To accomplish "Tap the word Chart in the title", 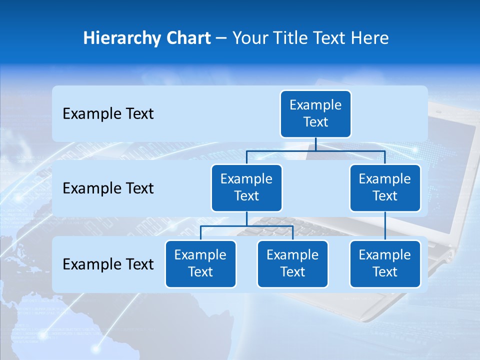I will click(x=188, y=38).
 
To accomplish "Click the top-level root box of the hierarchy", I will click(x=315, y=113).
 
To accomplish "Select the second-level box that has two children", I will click(x=246, y=187).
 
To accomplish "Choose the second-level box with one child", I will click(x=385, y=187).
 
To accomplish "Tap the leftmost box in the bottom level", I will click(x=200, y=263).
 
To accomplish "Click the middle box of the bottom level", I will click(x=292, y=263).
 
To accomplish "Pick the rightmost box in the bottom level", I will click(x=385, y=263).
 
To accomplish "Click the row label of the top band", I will click(x=108, y=114).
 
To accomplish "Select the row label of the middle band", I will click(x=108, y=188).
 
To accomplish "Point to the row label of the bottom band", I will click(x=108, y=264).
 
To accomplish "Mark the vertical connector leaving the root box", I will click(x=315, y=144).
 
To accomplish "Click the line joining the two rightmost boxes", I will click(x=385, y=225).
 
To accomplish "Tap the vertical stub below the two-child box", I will click(x=246, y=218).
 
